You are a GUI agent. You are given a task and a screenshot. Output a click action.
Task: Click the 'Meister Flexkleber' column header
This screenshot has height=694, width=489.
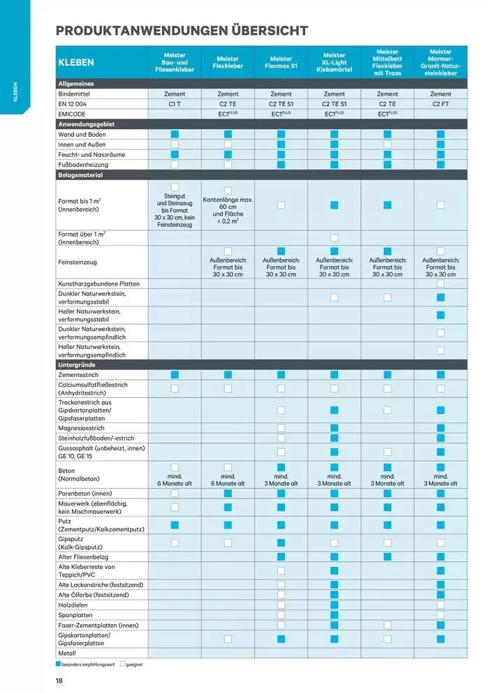tap(228, 62)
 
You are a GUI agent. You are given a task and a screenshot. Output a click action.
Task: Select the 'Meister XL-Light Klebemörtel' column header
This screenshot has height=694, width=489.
tap(334, 62)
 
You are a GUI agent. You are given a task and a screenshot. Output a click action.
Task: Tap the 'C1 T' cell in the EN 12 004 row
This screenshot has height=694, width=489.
tap(175, 103)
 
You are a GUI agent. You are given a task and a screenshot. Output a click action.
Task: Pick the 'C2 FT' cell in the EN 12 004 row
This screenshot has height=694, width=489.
tap(440, 103)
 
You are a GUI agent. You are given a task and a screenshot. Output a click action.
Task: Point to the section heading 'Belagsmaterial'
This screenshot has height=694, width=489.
tap(80, 175)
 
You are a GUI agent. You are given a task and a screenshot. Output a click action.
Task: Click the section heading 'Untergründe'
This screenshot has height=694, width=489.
tap(77, 365)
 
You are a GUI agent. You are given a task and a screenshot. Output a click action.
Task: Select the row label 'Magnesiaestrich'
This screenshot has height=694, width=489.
tap(82, 428)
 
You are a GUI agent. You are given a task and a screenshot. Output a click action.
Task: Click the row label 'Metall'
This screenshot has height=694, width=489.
tap(68, 654)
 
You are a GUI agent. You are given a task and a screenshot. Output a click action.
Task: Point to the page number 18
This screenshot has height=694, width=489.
tap(60, 680)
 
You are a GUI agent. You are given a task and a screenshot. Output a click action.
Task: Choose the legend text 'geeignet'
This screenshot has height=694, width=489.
tap(134, 664)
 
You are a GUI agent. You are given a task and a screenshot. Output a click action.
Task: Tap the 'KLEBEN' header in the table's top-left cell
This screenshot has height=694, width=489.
tap(77, 62)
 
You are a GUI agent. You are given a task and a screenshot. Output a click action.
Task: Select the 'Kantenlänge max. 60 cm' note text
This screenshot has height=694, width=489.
tap(228, 203)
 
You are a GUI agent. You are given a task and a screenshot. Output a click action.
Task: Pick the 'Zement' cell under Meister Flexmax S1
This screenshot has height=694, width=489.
tap(281, 94)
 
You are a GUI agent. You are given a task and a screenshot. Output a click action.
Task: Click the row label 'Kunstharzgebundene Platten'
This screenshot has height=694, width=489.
tap(99, 283)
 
